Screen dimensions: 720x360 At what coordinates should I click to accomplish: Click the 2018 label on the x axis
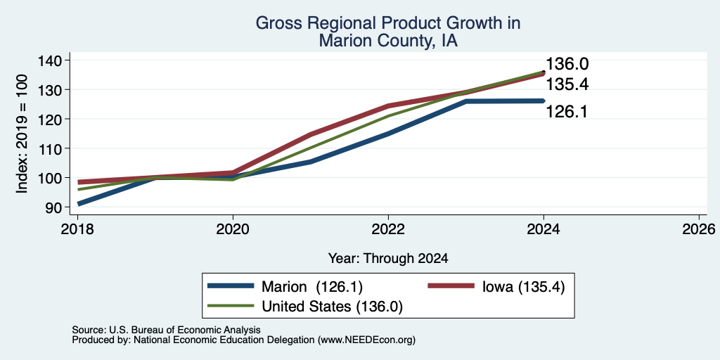[78, 229]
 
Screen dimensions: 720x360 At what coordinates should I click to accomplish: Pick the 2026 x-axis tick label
[699, 229]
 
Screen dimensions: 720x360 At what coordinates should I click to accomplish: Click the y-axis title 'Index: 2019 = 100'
[22, 134]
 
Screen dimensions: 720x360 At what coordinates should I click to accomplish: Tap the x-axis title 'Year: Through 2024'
[388, 259]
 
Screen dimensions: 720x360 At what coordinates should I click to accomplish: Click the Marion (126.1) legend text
[312, 287]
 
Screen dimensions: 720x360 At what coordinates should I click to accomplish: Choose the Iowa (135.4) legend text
[523, 287]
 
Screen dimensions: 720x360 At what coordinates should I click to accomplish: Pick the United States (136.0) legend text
[332, 307]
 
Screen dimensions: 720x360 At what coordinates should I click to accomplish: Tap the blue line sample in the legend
[231, 286]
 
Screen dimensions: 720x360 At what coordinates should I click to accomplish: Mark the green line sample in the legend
[231, 306]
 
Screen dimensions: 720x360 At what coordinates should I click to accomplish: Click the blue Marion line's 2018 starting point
[79, 203]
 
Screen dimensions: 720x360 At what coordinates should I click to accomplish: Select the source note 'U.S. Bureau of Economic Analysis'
[185, 330]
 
